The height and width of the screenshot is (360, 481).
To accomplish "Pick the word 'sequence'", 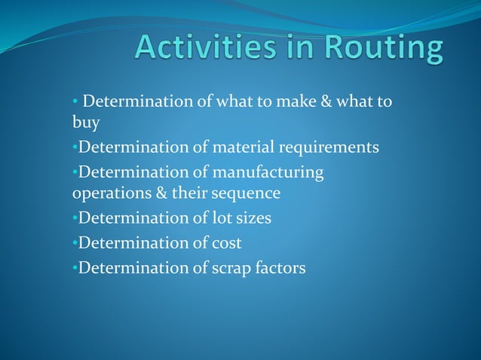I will pyautogui.click(x=247, y=194).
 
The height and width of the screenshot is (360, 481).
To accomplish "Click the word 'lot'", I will pyautogui.click(x=204, y=218).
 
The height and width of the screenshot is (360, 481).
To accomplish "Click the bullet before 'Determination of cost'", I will pyautogui.click(x=75, y=243).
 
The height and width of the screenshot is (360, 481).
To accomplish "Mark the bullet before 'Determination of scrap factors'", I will pyautogui.click(x=75, y=267).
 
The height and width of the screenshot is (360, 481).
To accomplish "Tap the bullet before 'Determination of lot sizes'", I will pyautogui.click(x=75, y=219).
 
